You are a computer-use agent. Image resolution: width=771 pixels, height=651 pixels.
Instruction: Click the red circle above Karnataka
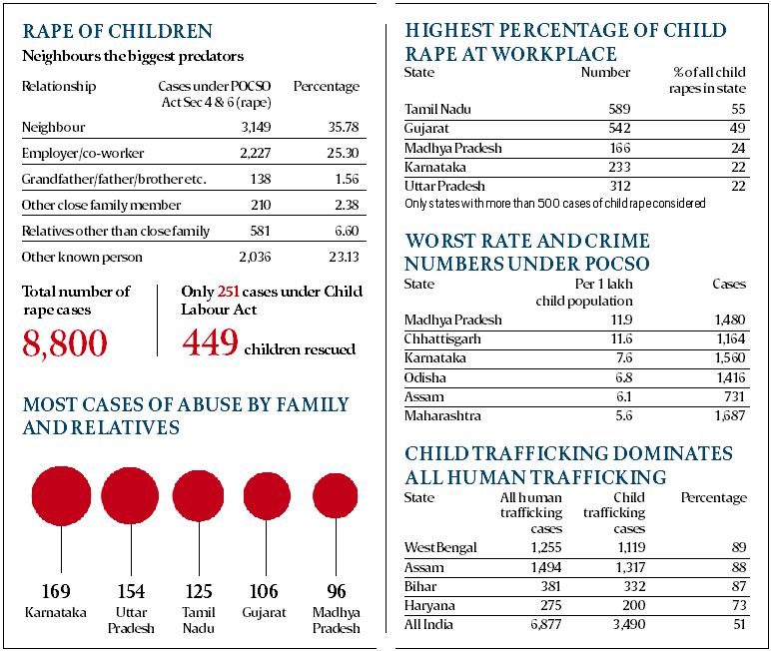point(62,495)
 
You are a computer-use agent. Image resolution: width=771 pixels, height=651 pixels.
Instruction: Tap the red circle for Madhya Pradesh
point(336,495)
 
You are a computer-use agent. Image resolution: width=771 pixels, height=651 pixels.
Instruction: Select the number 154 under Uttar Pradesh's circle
point(131,591)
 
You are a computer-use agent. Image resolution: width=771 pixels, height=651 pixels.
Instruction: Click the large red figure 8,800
point(64,343)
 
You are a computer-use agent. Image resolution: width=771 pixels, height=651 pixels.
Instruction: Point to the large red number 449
point(210,342)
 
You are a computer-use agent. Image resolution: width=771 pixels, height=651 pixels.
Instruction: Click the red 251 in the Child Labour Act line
point(228,292)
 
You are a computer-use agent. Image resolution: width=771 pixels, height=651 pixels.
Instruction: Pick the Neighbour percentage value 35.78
point(344,127)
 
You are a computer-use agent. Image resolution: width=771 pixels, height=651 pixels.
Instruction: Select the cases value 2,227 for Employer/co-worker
point(256,153)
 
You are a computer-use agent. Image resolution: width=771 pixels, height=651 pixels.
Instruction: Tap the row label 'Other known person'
point(82,257)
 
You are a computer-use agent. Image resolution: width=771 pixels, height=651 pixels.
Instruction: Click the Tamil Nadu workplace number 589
point(619,109)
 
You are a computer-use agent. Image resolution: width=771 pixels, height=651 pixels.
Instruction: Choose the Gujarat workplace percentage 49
point(737,128)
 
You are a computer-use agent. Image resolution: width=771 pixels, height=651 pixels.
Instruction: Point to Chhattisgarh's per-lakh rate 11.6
point(621,338)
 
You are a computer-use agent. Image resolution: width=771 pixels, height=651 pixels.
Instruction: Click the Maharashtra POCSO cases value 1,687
point(730,416)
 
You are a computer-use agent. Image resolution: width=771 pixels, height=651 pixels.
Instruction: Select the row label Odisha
point(424,377)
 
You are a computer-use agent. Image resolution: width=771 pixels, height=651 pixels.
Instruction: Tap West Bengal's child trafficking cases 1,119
point(630,547)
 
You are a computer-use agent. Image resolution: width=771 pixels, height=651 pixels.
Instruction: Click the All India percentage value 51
point(739,624)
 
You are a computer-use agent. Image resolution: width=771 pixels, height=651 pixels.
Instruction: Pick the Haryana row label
point(429,605)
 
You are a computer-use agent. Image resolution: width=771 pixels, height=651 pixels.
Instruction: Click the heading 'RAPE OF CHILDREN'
point(118,31)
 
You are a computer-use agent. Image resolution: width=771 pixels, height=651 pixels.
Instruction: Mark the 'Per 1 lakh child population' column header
point(584,293)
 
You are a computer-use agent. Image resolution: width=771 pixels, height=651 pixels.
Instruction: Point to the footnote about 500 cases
point(554,203)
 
